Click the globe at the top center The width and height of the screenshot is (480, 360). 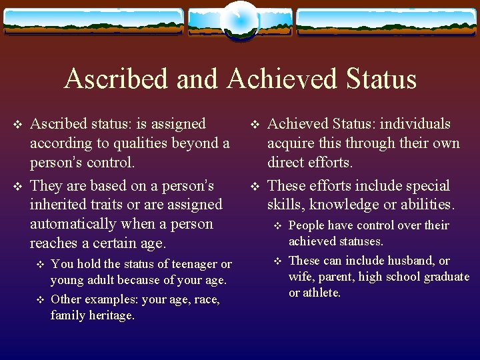point(239,21)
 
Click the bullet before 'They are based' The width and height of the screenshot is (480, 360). point(18,186)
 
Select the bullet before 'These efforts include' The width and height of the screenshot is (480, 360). point(255,186)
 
